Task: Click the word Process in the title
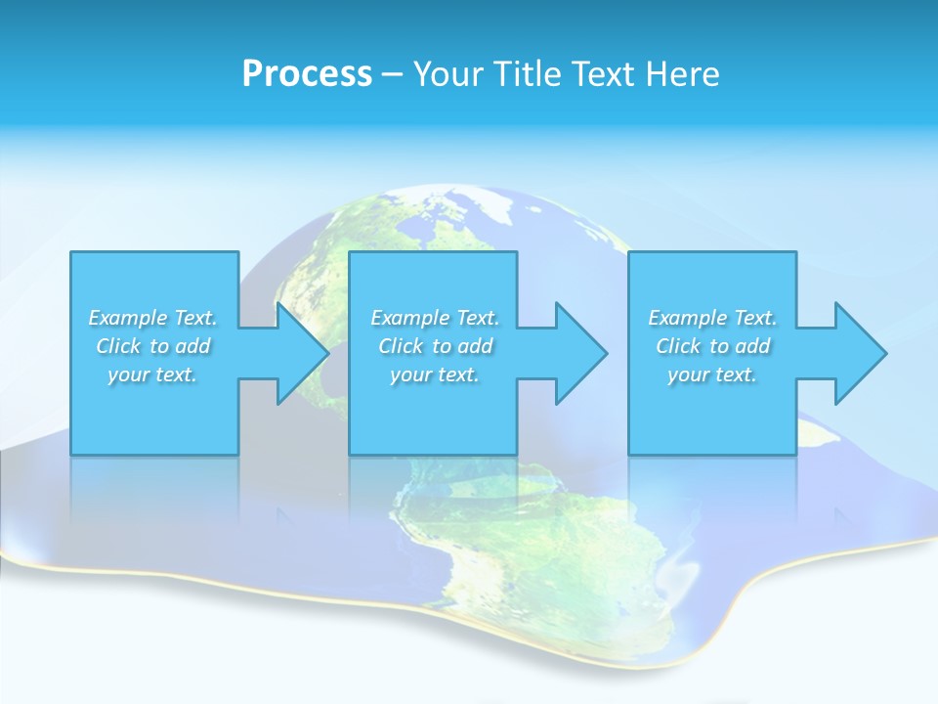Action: point(307,74)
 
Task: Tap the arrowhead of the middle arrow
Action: point(579,353)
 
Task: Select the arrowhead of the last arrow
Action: point(859,353)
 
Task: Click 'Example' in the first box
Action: point(127,318)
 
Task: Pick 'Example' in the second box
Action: point(409,318)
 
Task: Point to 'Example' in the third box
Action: point(687,318)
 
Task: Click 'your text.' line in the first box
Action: point(152,374)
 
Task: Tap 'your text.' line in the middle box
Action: point(435,374)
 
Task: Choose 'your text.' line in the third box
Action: point(712,374)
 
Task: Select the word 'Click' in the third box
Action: point(678,346)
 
